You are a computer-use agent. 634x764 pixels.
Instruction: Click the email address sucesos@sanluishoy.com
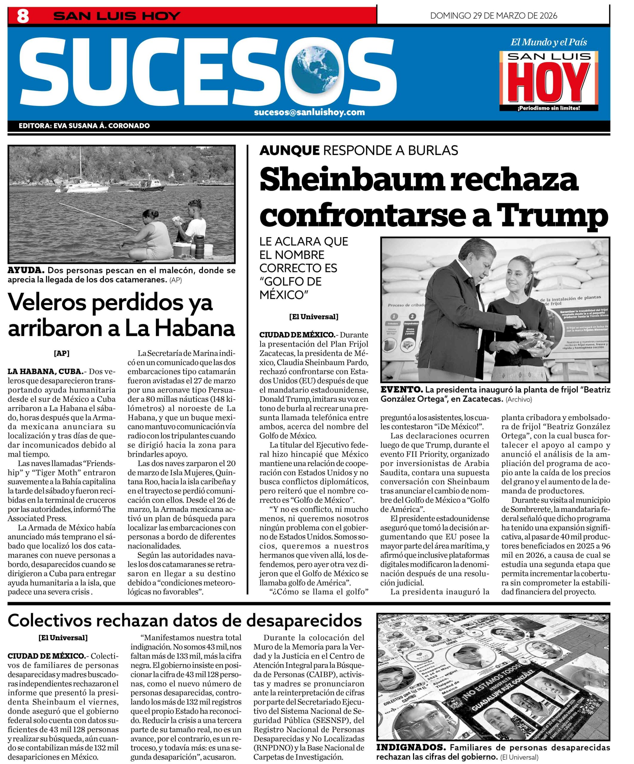click(309, 112)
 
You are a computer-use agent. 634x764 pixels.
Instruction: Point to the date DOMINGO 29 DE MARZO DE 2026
click(493, 16)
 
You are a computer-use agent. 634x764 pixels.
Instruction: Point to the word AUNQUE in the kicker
click(289, 150)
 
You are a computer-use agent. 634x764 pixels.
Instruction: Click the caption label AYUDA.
click(26, 270)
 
